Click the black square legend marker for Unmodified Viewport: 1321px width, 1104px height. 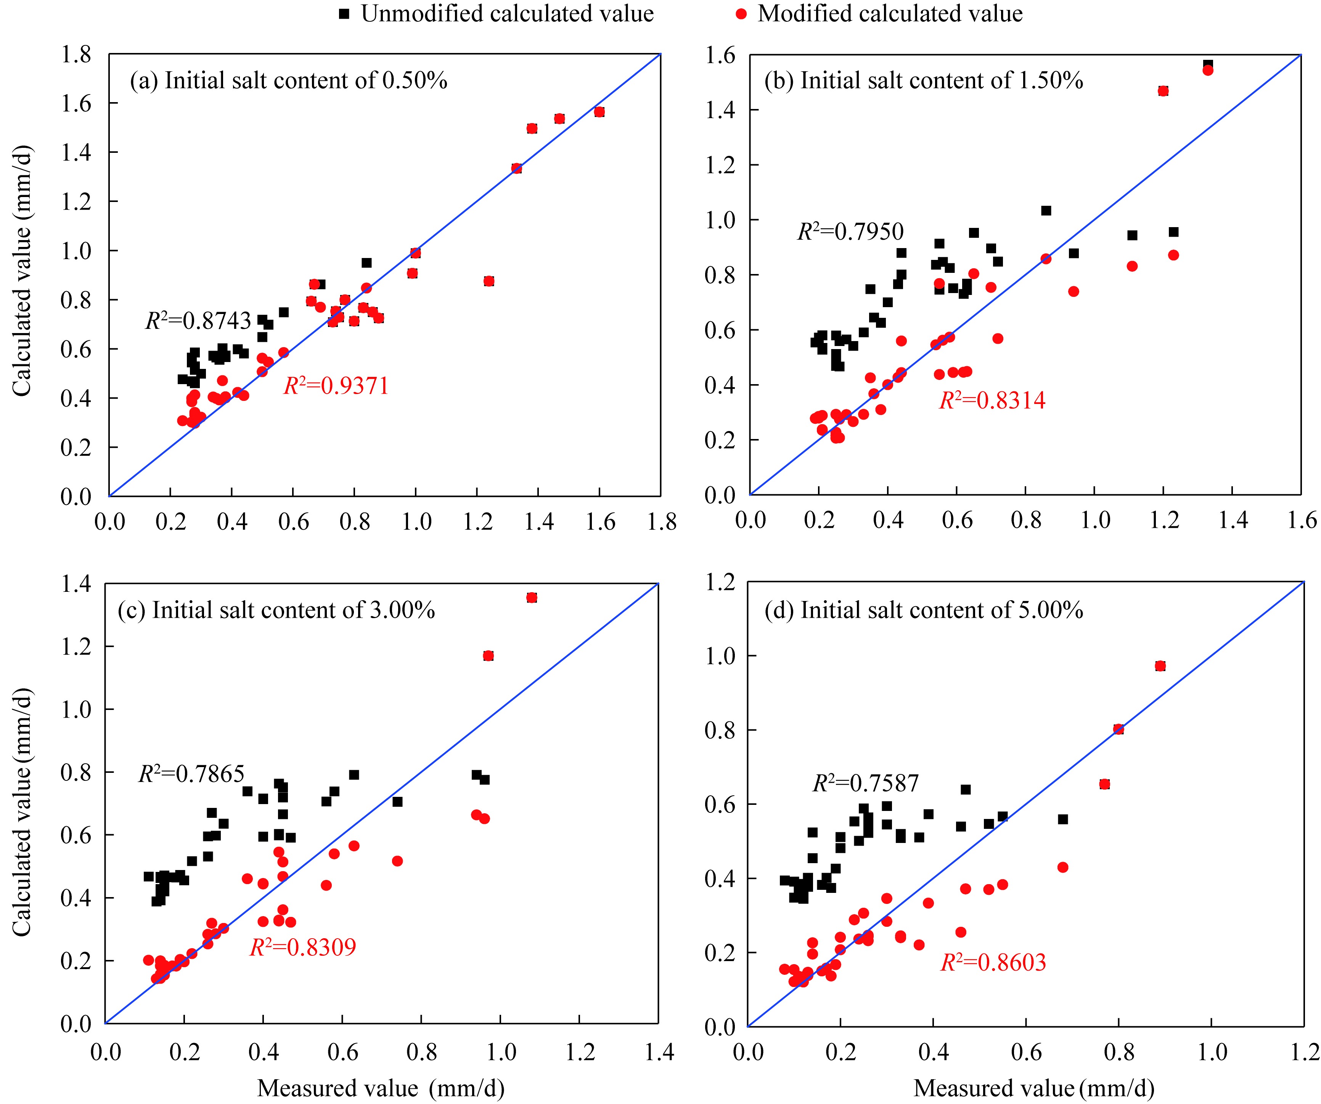[x=344, y=14]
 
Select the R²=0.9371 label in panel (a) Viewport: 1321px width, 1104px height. [x=336, y=385]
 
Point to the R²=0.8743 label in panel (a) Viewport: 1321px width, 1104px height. [x=198, y=320]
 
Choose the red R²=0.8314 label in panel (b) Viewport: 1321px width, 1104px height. [x=992, y=400]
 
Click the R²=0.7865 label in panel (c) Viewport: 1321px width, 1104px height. [x=191, y=773]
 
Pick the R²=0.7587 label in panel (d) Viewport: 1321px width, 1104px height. [x=866, y=783]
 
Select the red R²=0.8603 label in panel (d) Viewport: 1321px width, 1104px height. [x=993, y=962]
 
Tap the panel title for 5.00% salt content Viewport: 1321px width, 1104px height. [x=924, y=610]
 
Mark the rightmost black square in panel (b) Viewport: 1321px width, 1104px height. [x=1208, y=65]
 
